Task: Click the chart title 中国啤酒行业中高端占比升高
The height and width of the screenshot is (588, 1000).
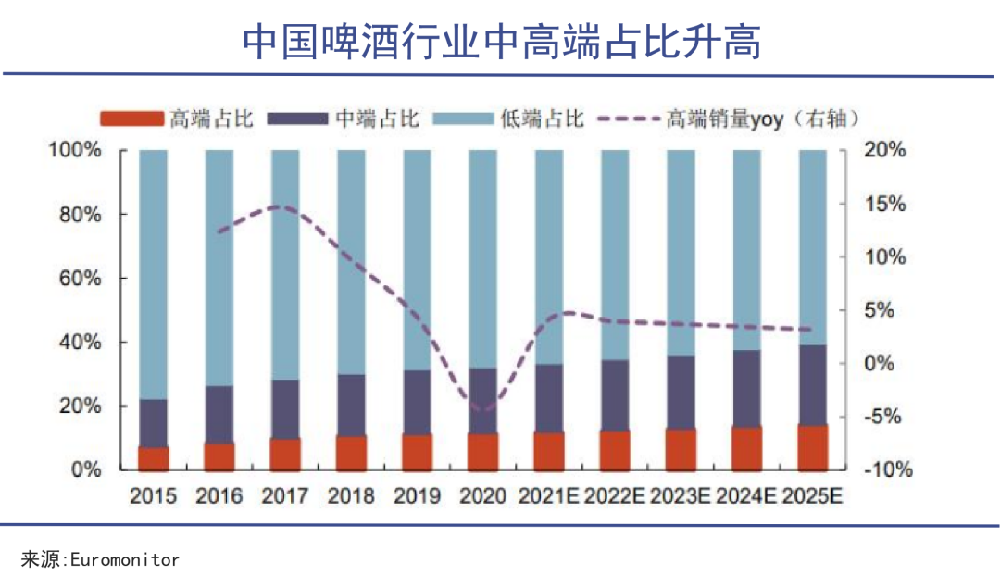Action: pos(501,42)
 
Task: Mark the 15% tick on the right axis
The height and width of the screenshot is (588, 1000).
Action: pos(886,204)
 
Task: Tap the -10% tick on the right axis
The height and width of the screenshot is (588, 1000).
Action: pos(886,470)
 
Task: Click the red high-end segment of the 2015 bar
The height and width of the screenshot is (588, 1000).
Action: pos(154,459)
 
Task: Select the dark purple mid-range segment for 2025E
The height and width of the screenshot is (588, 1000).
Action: pos(812,385)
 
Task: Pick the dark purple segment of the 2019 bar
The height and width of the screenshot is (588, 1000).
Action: pos(417,403)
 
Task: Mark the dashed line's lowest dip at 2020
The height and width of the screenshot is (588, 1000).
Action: pos(482,409)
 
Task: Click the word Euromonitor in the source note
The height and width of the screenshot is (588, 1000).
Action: pos(120,559)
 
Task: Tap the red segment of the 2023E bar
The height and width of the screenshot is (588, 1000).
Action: pos(681,450)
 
